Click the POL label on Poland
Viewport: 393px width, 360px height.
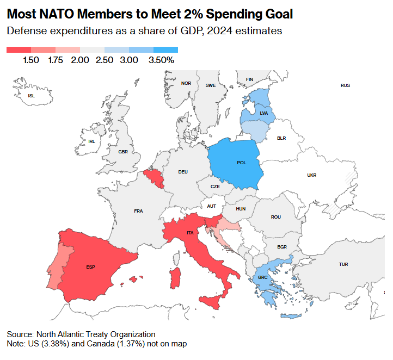pyautogui.click(x=241, y=163)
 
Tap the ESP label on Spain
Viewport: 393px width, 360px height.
pyautogui.click(x=90, y=267)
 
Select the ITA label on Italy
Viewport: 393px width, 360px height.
pyautogui.click(x=190, y=233)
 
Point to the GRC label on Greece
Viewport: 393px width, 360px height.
pyautogui.click(x=262, y=277)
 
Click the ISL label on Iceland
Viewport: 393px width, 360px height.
pyautogui.click(x=31, y=96)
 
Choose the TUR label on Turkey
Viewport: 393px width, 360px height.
pyautogui.click(x=343, y=264)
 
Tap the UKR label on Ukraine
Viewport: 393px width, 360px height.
pyautogui.click(x=311, y=175)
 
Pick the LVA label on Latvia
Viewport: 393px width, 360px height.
pyautogui.click(x=264, y=113)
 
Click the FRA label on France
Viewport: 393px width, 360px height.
pyautogui.click(x=138, y=210)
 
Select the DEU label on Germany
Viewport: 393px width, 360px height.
pyautogui.click(x=183, y=172)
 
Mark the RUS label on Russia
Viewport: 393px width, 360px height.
pyautogui.click(x=345, y=85)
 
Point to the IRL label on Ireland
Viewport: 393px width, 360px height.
pyautogui.click(x=91, y=141)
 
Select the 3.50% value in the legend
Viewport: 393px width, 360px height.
pyautogui.click(x=161, y=60)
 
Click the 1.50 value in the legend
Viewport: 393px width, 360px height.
pyautogui.click(x=31, y=60)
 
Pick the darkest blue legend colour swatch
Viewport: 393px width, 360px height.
pyautogui.click(x=165, y=49)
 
